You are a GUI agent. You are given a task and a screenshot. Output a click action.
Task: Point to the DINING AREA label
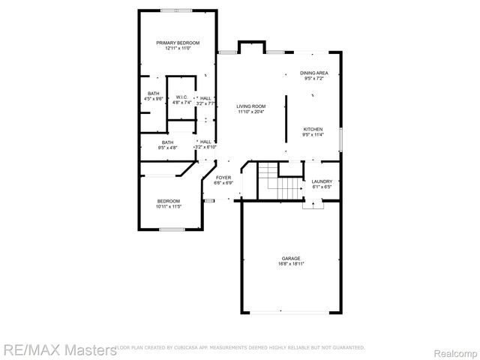[x=313, y=73]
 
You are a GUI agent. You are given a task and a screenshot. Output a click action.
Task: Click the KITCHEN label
[x=313, y=129]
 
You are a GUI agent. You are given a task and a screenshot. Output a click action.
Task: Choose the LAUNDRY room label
[x=322, y=181]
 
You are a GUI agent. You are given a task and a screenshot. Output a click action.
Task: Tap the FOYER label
[x=223, y=177]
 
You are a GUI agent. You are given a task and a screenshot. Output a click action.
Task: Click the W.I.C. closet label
[x=182, y=97]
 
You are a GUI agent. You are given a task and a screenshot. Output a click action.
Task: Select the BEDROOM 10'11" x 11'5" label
[x=168, y=201]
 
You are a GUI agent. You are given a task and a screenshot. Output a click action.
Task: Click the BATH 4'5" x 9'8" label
[x=153, y=94]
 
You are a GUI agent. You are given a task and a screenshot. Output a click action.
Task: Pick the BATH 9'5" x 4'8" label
[x=167, y=142]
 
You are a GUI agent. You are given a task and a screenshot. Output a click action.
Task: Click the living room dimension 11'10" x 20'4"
[x=252, y=112]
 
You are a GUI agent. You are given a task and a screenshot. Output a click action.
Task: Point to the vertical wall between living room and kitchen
[x=285, y=118]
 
